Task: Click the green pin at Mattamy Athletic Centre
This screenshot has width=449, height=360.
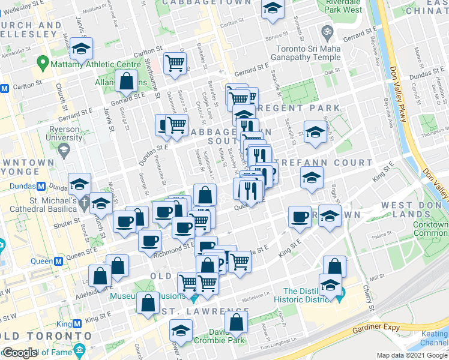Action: (43, 62)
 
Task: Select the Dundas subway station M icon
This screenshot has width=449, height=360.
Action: (42, 187)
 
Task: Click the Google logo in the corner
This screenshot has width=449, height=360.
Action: (20, 353)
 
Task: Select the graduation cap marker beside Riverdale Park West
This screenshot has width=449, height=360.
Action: (273, 10)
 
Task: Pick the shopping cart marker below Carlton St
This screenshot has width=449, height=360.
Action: (174, 62)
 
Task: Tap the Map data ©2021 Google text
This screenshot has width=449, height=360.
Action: (412, 355)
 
